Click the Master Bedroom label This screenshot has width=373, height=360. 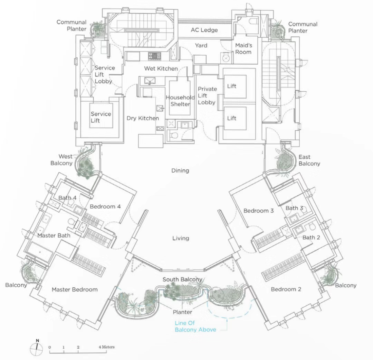75,289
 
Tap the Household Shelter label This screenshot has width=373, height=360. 180,101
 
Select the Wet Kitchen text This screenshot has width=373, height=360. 161,68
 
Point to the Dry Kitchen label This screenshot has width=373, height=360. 143,118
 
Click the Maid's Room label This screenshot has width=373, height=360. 243,49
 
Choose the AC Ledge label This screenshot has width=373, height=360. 204,30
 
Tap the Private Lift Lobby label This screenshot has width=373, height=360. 207,95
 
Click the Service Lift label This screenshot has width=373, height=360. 101,117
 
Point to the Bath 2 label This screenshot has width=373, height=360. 309,238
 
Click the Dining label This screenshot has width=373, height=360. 180,170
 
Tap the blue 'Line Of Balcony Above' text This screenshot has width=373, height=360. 195,326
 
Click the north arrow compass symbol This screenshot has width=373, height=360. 37,350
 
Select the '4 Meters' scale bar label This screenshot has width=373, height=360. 106,347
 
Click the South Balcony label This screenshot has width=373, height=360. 182,279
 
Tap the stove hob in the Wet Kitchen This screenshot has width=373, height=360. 153,56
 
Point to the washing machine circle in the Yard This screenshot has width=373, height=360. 226,58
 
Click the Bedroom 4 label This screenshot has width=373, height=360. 105,207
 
